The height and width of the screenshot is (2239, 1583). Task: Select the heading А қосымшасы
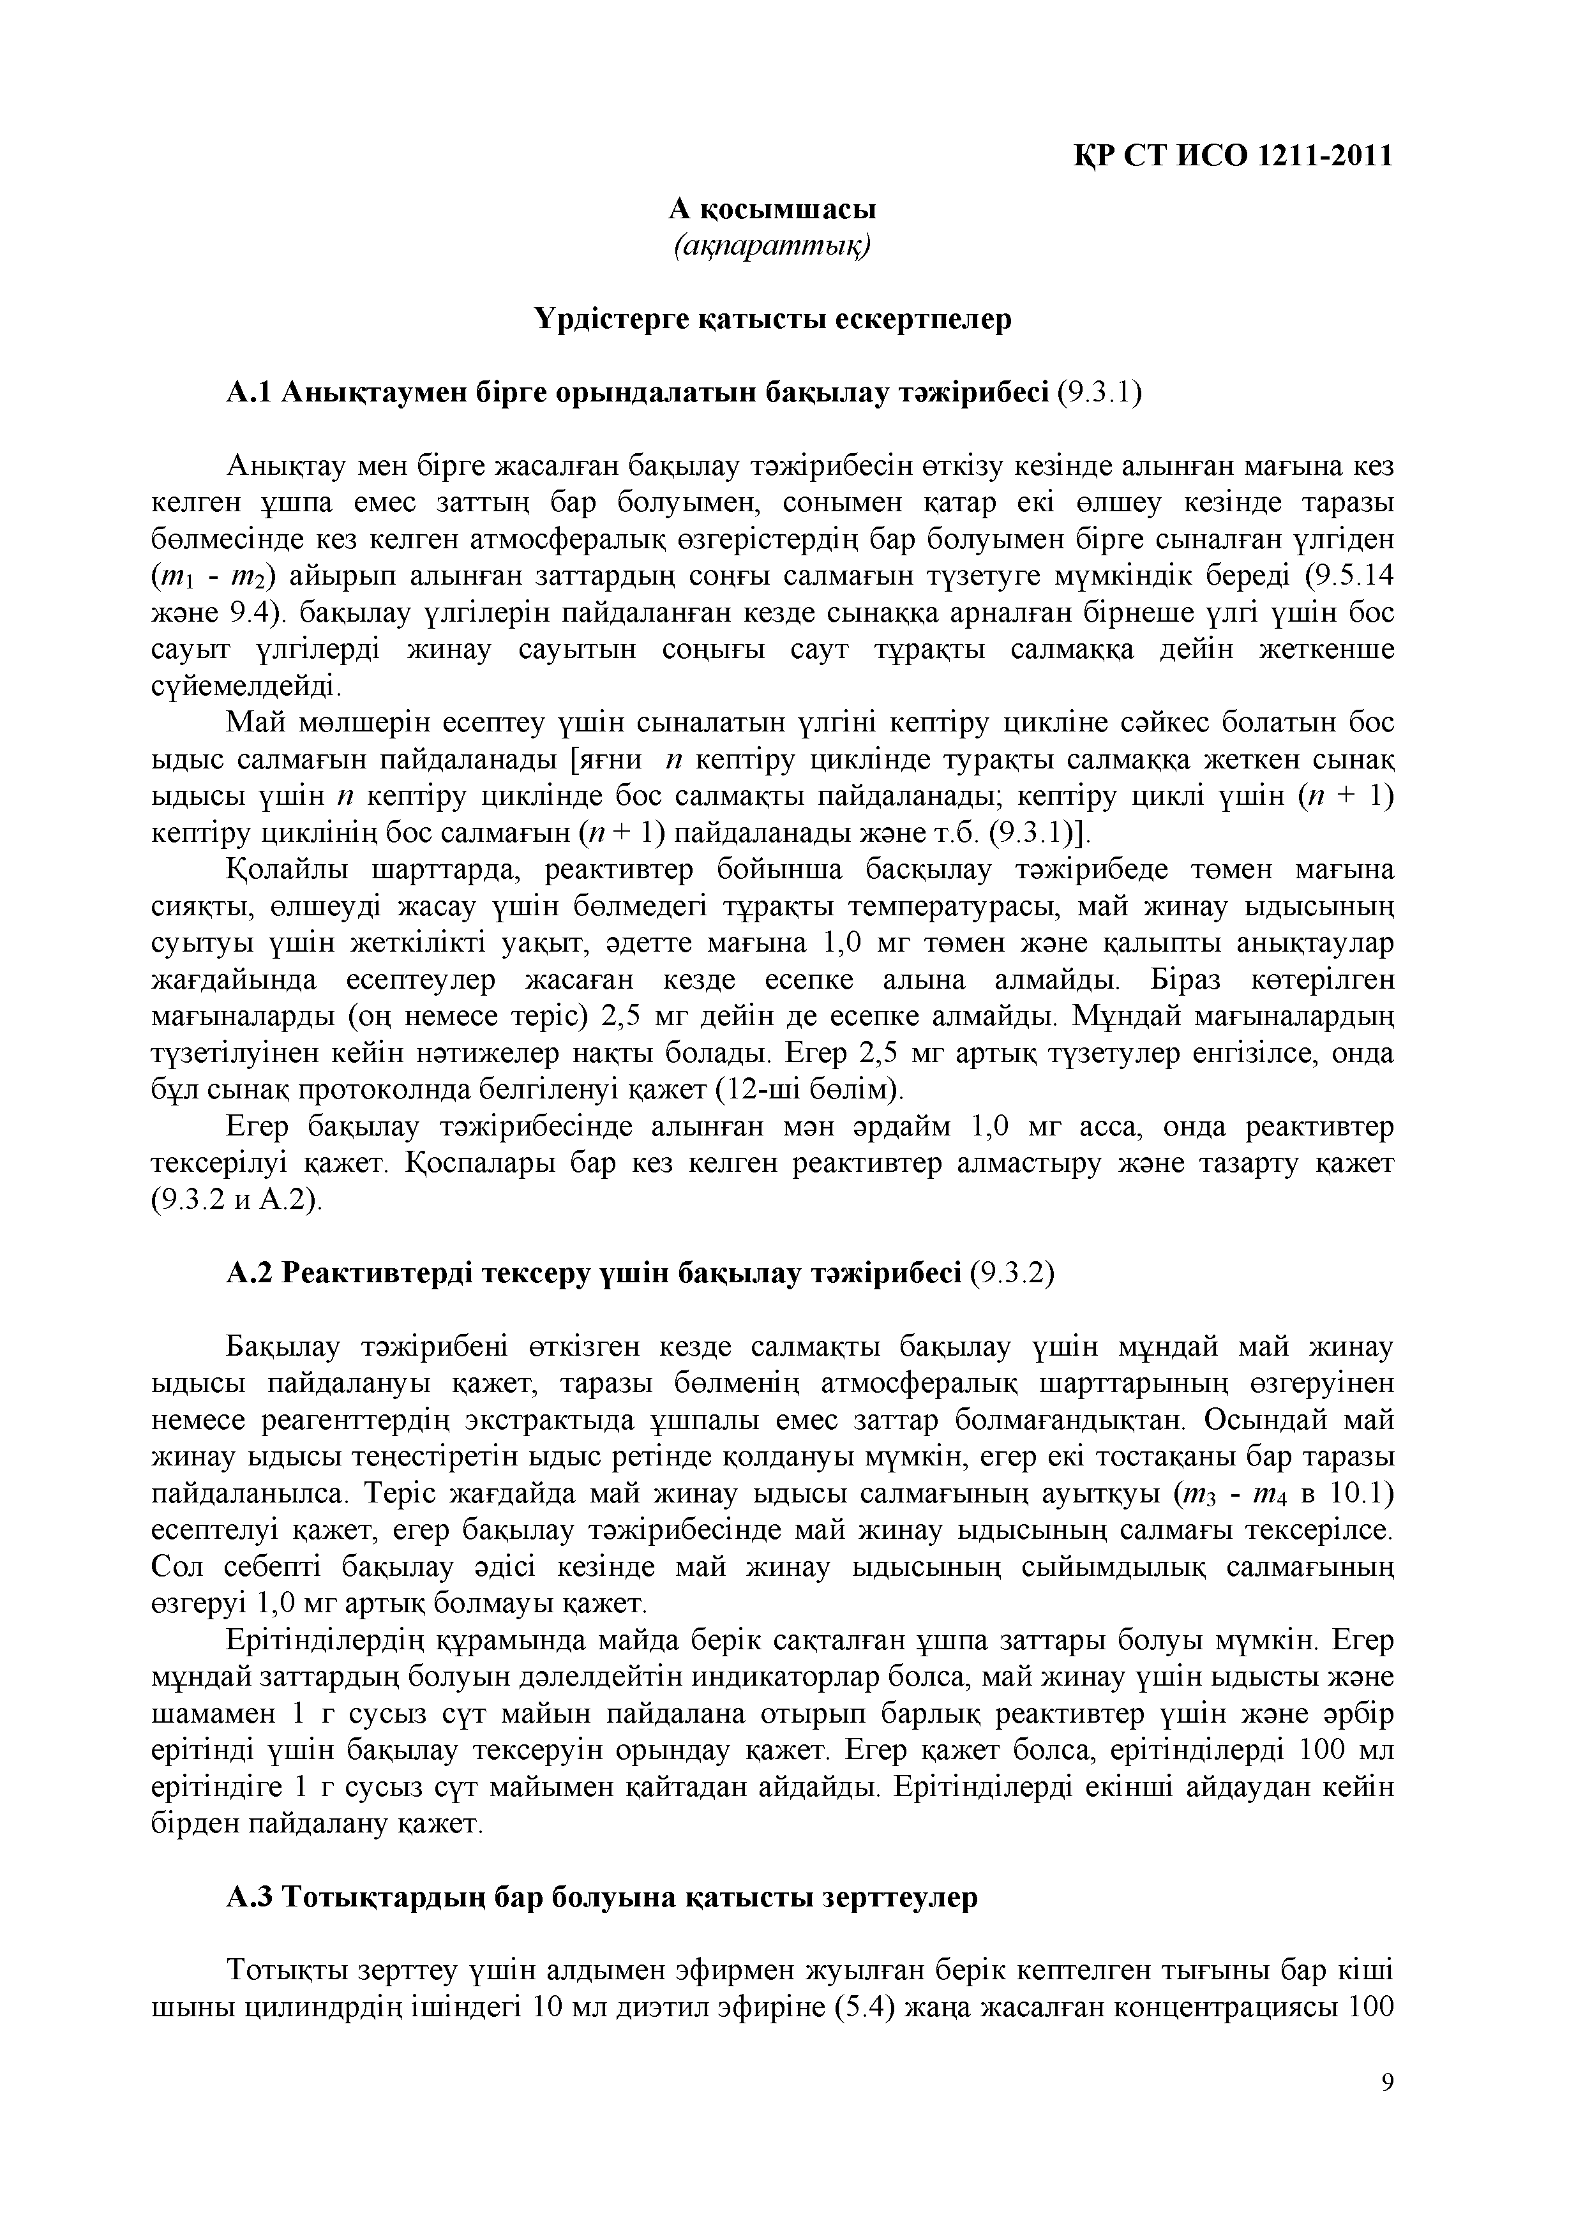click(772, 209)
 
